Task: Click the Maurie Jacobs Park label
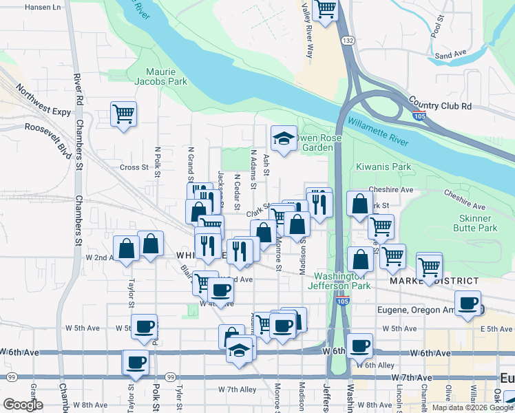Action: point(167,76)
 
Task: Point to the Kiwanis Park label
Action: point(383,167)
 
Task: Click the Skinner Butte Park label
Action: point(478,222)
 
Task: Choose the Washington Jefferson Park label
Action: point(338,280)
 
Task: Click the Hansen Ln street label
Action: point(43,7)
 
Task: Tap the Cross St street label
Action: point(134,167)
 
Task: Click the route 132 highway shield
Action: point(350,41)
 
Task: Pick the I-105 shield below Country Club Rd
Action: point(419,117)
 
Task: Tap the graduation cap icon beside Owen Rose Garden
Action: point(283,139)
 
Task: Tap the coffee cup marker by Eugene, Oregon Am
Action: point(468,303)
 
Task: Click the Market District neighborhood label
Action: point(434,282)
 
